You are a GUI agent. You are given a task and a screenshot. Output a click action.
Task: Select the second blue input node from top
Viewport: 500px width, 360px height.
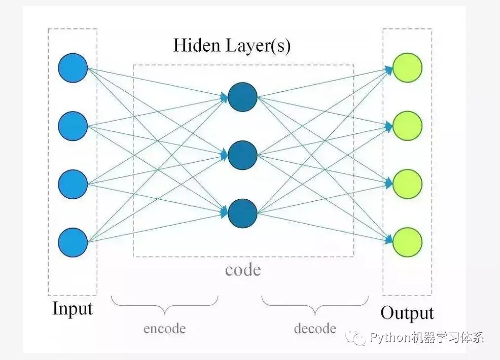coord(73,126)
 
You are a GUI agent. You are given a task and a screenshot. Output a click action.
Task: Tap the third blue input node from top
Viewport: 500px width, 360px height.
coord(73,184)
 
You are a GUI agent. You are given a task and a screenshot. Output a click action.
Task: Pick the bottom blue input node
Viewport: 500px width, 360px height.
coord(73,242)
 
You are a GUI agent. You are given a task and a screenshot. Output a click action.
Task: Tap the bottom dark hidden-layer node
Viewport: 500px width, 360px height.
coord(242,213)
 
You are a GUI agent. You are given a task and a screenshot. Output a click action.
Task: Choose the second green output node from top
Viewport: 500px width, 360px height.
coord(407,126)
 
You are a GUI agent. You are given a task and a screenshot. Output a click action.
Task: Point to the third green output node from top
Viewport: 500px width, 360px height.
coord(407,184)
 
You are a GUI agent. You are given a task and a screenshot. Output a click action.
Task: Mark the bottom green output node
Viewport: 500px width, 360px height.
coord(407,242)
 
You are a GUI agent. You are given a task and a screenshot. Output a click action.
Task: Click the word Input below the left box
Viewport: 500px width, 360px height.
coord(73,309)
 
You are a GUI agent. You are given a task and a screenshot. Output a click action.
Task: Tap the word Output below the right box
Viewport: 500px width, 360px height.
coord(407,313)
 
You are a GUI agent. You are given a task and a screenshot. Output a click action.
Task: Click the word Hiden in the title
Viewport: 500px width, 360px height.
coord(195,45)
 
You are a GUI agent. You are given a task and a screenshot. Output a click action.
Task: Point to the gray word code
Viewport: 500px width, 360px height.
coord(242,270)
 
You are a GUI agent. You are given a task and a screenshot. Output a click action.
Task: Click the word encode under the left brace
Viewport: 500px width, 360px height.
coord(164,329)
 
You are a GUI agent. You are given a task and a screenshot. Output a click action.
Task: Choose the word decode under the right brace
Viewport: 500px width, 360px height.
coord(314,329)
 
